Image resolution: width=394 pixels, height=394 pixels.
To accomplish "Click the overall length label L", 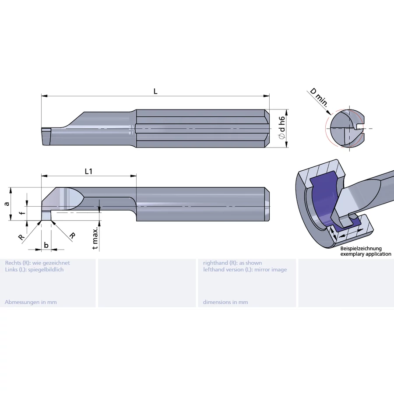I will (x=155, y=91).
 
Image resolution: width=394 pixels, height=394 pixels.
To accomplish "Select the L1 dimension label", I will (x=88, y=171).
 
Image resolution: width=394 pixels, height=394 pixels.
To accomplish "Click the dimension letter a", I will (x=6, y=204).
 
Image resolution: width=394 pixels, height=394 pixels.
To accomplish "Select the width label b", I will (x=46, y=245).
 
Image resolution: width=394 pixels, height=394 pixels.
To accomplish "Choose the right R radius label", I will (x=72, y=235).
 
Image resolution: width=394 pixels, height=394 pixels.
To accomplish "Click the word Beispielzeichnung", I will (x=361, y=249).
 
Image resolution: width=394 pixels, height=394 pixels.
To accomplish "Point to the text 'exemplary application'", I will (x=366, y=254).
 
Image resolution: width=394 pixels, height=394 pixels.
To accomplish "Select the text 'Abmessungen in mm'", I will (x=31, y=302).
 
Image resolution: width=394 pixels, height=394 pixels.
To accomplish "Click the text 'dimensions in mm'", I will (x=225, y=302).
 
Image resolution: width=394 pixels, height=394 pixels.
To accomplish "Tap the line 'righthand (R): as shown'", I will (x=232, y=263).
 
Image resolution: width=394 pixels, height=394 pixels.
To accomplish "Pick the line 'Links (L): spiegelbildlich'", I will (x=34, y=269).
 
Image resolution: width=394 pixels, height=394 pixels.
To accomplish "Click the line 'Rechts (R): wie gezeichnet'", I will (x=37, y=263).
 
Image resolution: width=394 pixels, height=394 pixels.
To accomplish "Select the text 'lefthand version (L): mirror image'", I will (x=245, y=269).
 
